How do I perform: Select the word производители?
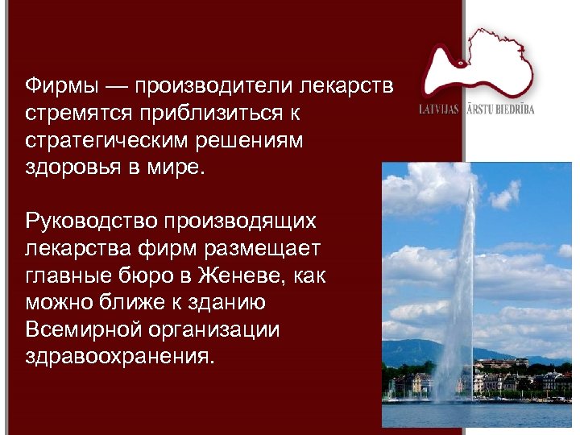click(212, 85)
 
